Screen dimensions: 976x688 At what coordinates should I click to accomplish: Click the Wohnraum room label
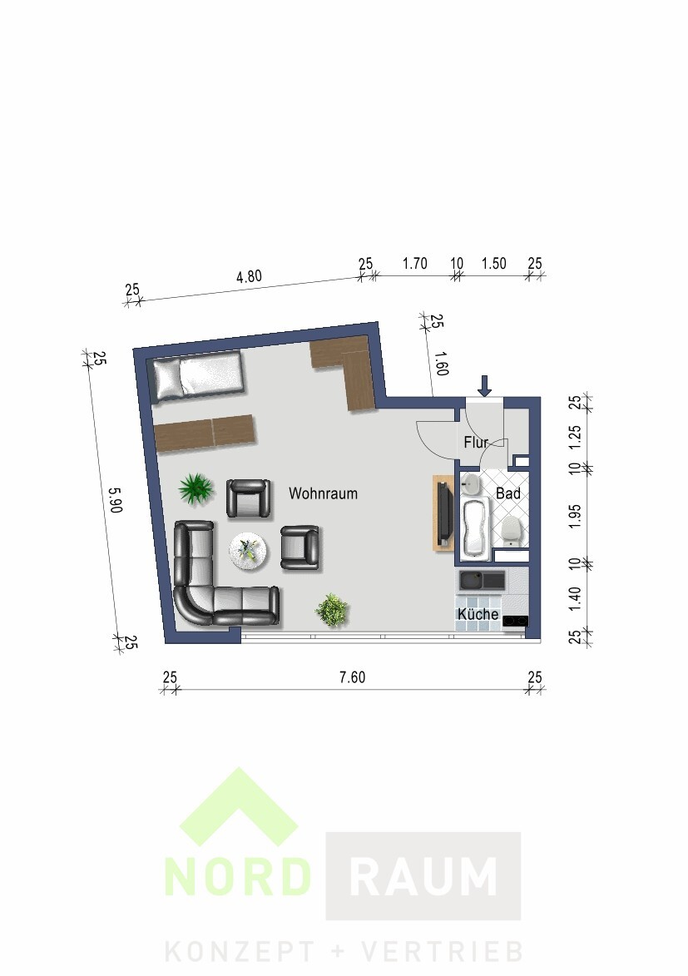tap(323, 493)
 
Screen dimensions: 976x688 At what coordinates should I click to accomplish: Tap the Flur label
tap(476, 443)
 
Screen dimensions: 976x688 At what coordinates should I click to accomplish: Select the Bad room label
tap(508, 493)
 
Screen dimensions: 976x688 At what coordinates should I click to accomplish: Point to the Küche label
tap(478, 615)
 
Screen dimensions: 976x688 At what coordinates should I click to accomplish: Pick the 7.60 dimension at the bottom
tap(352, 678)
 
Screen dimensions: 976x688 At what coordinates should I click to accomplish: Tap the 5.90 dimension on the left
tap(115, 500)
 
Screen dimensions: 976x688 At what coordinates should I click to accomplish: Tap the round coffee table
tap(248, 550)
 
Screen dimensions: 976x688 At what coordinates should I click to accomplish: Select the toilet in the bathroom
tap(511, 529)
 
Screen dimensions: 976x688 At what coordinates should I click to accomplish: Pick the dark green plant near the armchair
tap(196, 488)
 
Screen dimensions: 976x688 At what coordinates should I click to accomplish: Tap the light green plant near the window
tap(331, 610)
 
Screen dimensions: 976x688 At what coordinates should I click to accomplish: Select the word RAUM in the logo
tap(423, 876)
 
